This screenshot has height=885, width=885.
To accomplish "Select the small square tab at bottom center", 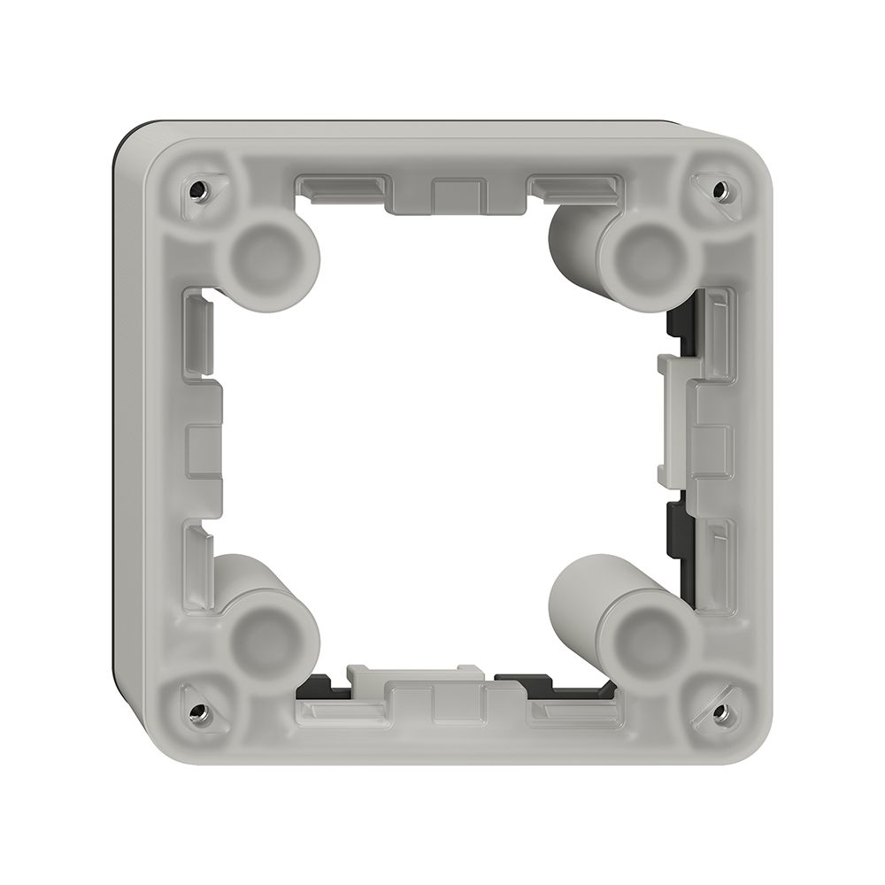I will click(x=458, y=704).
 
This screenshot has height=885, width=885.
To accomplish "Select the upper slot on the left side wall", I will click(x=200, y=333).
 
